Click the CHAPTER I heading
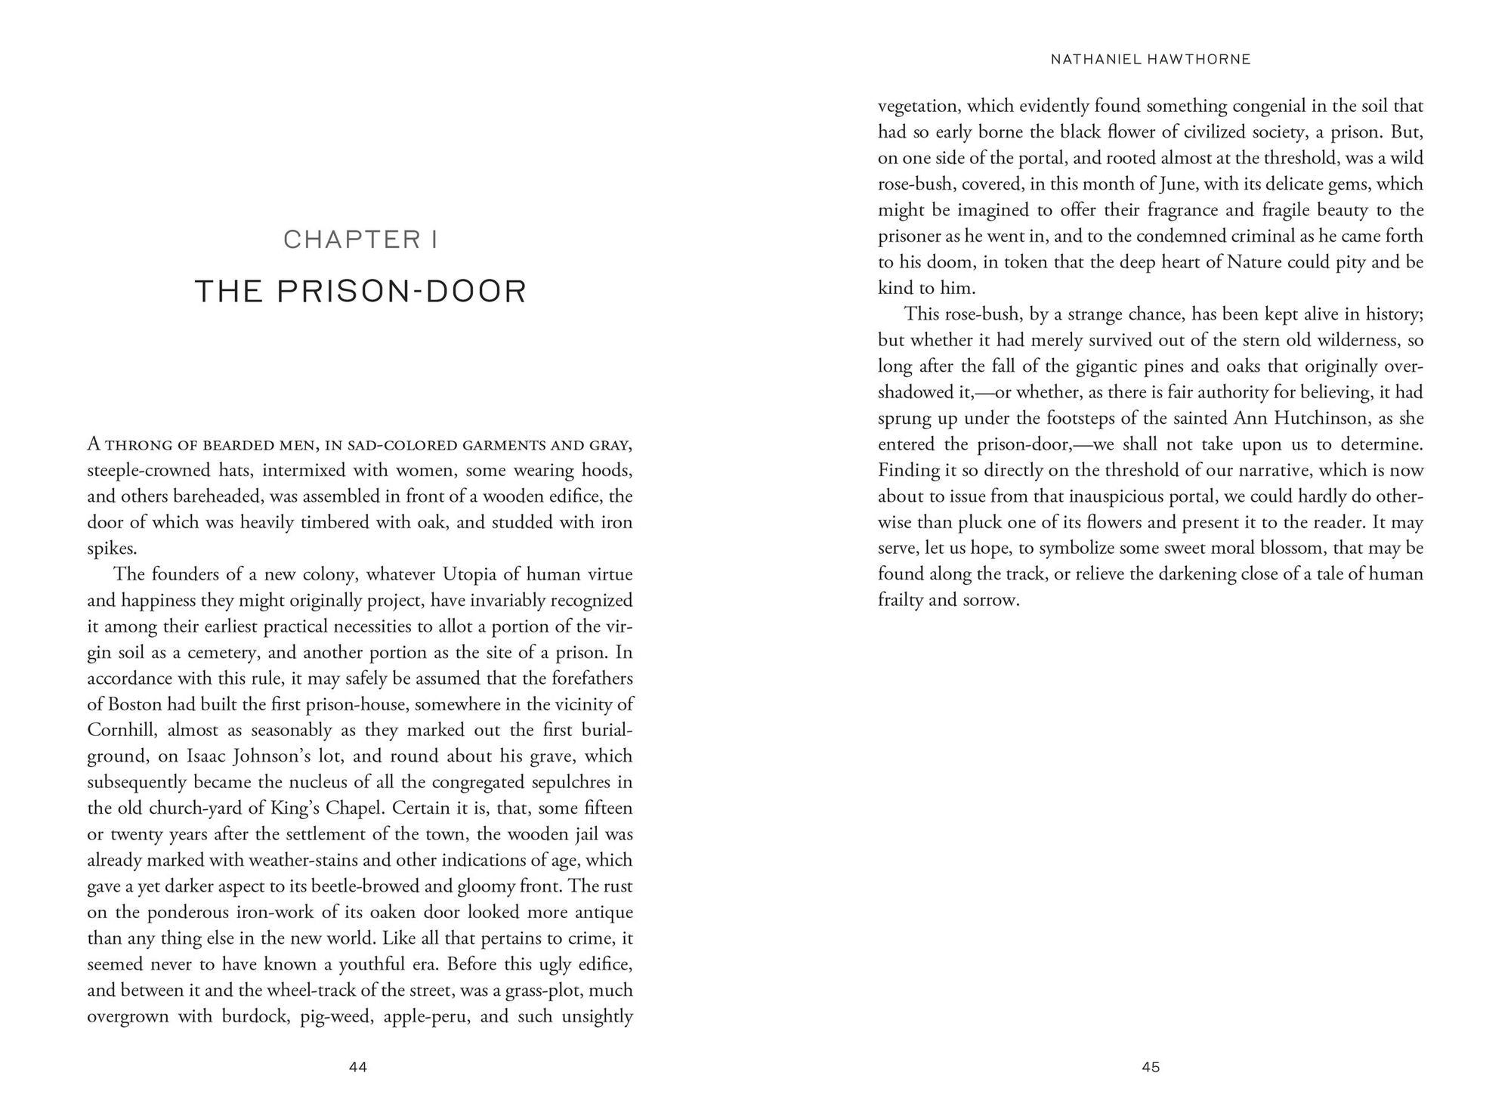[360, 240]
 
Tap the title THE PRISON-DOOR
[360, 292]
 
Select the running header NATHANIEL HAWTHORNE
[1151, 59]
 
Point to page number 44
[358, 1067]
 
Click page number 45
[1151, 1067]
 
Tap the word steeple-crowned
[148, 471]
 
